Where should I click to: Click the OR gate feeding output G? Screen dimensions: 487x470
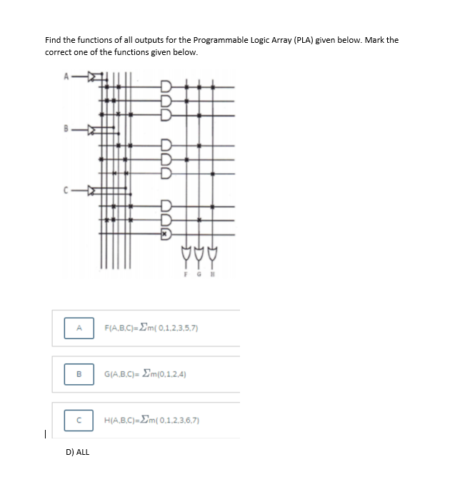pos(199,252)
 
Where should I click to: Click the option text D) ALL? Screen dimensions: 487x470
pos(77,452)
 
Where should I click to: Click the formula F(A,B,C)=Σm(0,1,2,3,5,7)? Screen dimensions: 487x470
pos(151,328)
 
